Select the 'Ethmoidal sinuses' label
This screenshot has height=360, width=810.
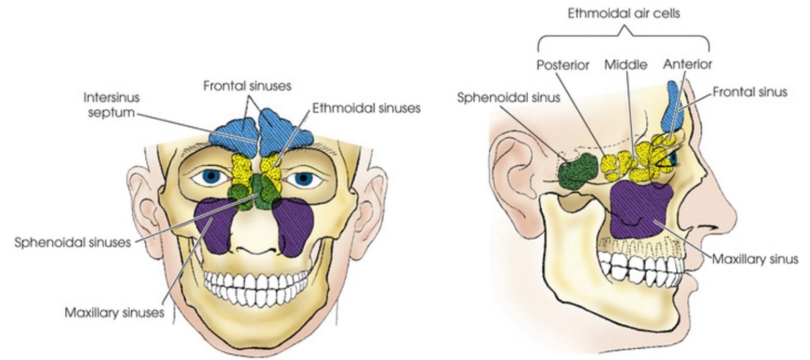pyautogui.click(x=366, y=109)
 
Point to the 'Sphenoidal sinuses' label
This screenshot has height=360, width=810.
pyautogui.click(x=72, y=242)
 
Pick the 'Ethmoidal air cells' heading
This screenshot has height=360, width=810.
pyautogui.click(x=624, y=13)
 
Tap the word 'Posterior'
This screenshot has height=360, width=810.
pyautogui.click(x=563, y=64)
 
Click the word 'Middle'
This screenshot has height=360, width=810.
pyautogui.click(x=625, y=64)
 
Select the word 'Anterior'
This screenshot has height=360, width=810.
pyautogui.click(x=687, y=64)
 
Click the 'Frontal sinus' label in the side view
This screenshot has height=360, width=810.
pyautogui.click(x=750, y=92)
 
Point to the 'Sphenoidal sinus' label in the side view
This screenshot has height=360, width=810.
pyautogui.click(x=508, y=98)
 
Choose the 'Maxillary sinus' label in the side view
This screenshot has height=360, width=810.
pyautogui.click(x=755, y=259)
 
